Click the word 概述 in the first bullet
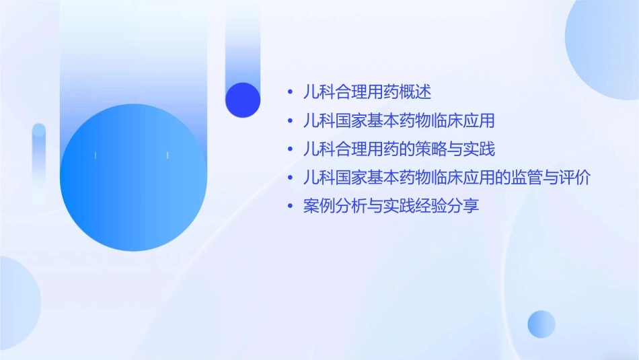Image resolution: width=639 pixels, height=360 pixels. click(x=416, y=92)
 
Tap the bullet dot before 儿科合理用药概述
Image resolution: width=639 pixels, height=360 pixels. click(x=290, y=92)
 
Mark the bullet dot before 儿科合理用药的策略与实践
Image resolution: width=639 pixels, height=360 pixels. click(x=290, y=149)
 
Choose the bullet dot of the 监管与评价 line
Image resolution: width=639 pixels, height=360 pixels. click(x=290, y=178)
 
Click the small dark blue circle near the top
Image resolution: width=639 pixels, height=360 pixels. click(x=243, y=100)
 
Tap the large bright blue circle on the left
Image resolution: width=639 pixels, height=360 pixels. click(x=133, y=178)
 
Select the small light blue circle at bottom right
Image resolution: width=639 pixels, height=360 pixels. click(x=541, y=324)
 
